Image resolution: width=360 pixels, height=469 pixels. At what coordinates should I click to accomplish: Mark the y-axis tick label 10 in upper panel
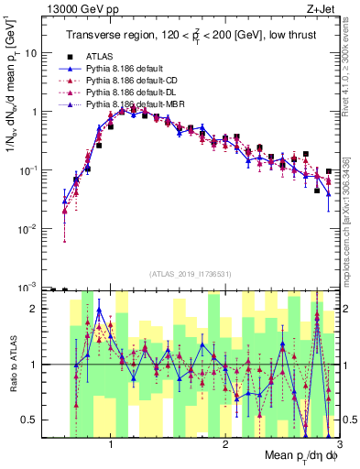coord(36,53)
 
